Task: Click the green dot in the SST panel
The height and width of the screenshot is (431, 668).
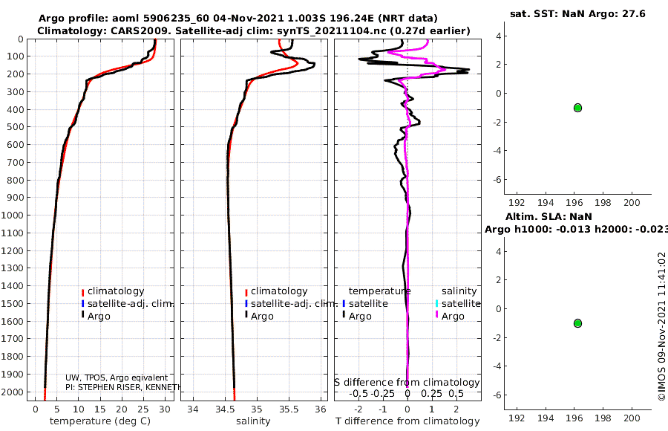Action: (577, 108)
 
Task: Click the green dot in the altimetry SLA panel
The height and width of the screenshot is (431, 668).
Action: (577, 323)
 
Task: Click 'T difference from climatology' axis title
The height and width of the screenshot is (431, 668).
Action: (407, 421)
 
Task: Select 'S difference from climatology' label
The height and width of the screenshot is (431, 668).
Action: (407, 383)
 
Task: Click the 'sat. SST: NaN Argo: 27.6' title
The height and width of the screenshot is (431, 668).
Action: (577, 14)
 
